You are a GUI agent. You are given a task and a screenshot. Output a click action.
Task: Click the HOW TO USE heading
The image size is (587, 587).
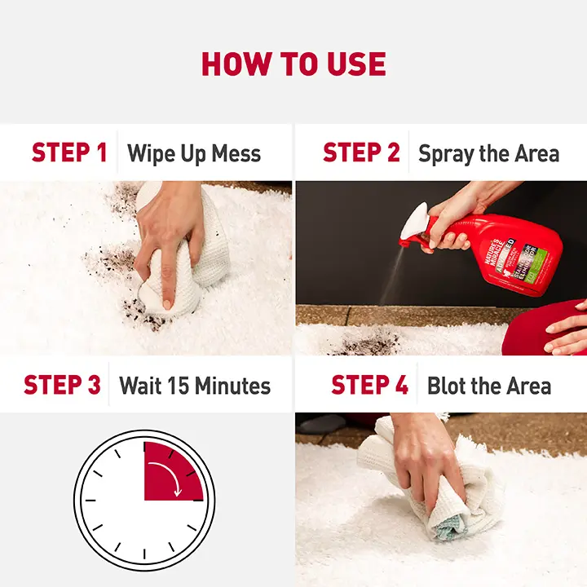click(293, 64)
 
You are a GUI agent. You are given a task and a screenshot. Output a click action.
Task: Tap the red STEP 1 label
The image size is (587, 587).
click(69, 153)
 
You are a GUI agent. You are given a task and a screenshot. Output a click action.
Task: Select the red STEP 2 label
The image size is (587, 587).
click(361, 153)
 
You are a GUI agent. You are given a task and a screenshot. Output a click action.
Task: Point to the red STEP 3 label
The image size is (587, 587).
click(62, 385)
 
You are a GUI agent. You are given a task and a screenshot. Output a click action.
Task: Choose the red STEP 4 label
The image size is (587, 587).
click(369, 385)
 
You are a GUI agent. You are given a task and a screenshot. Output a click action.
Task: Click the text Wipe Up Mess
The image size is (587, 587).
click(194, 153)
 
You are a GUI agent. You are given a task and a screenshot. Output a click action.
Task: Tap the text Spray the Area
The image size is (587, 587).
click(488, 153)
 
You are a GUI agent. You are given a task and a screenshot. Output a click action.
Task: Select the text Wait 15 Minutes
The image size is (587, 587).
click(195, 385)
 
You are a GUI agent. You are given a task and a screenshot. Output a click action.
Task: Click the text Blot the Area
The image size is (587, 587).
click(489, 385)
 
